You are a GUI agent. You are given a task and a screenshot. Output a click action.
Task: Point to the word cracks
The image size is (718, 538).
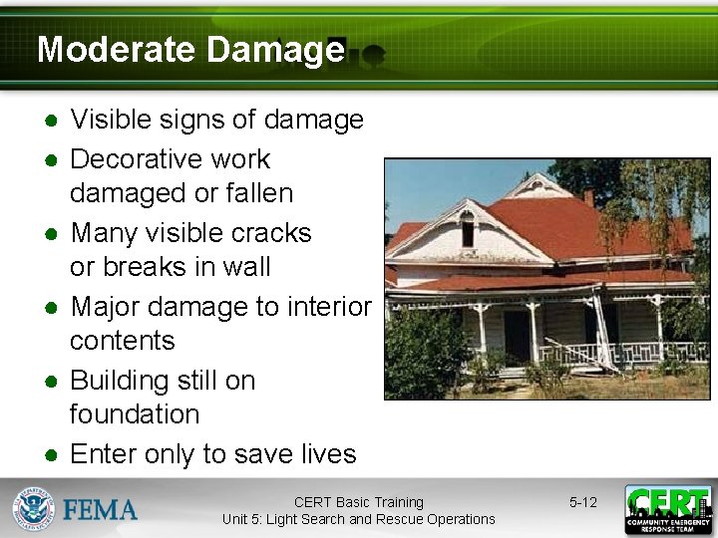click(x=272, y=233)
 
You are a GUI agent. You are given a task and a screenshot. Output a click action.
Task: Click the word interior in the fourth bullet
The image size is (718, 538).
click(x=328, y=307)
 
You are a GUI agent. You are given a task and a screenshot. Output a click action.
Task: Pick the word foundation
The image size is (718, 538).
click(x=134, y=414)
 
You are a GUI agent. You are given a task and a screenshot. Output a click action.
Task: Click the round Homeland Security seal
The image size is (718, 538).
click(x=33, y=509)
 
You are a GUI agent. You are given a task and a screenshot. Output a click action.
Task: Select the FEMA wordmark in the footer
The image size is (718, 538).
click(x=101, y=510)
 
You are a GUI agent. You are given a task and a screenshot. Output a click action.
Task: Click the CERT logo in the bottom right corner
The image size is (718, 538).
click(x=667, y=509)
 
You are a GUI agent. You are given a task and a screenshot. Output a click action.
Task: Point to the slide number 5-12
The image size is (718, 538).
click(x=582, y=502)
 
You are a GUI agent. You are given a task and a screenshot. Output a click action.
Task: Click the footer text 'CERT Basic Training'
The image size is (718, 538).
click(x=358, y=502)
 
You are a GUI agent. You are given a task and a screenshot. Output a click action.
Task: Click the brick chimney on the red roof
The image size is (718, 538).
click(x=588, y=197)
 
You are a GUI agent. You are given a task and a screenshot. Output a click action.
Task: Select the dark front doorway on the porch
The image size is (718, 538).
click(x=516, y=336)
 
